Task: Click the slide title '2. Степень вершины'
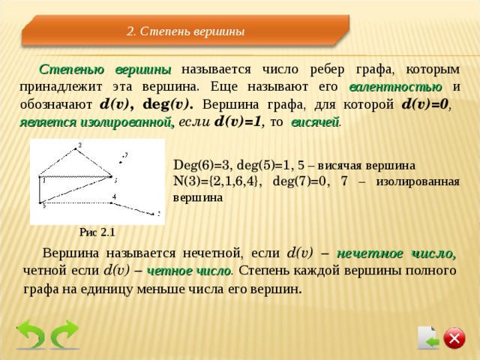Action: pos(186,31)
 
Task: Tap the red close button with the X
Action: pos(454,338)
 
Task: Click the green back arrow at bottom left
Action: pos(31,335)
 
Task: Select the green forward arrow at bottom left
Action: pos(65,335)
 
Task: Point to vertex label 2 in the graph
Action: pos(79,145)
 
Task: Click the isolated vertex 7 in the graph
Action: pos(122,157)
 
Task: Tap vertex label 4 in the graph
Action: pos(114,196)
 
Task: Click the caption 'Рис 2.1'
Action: pos(98,232)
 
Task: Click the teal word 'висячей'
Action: pos(315,121)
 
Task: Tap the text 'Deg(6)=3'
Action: pos(198,164)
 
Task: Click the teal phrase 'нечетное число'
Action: pos(396,253)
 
